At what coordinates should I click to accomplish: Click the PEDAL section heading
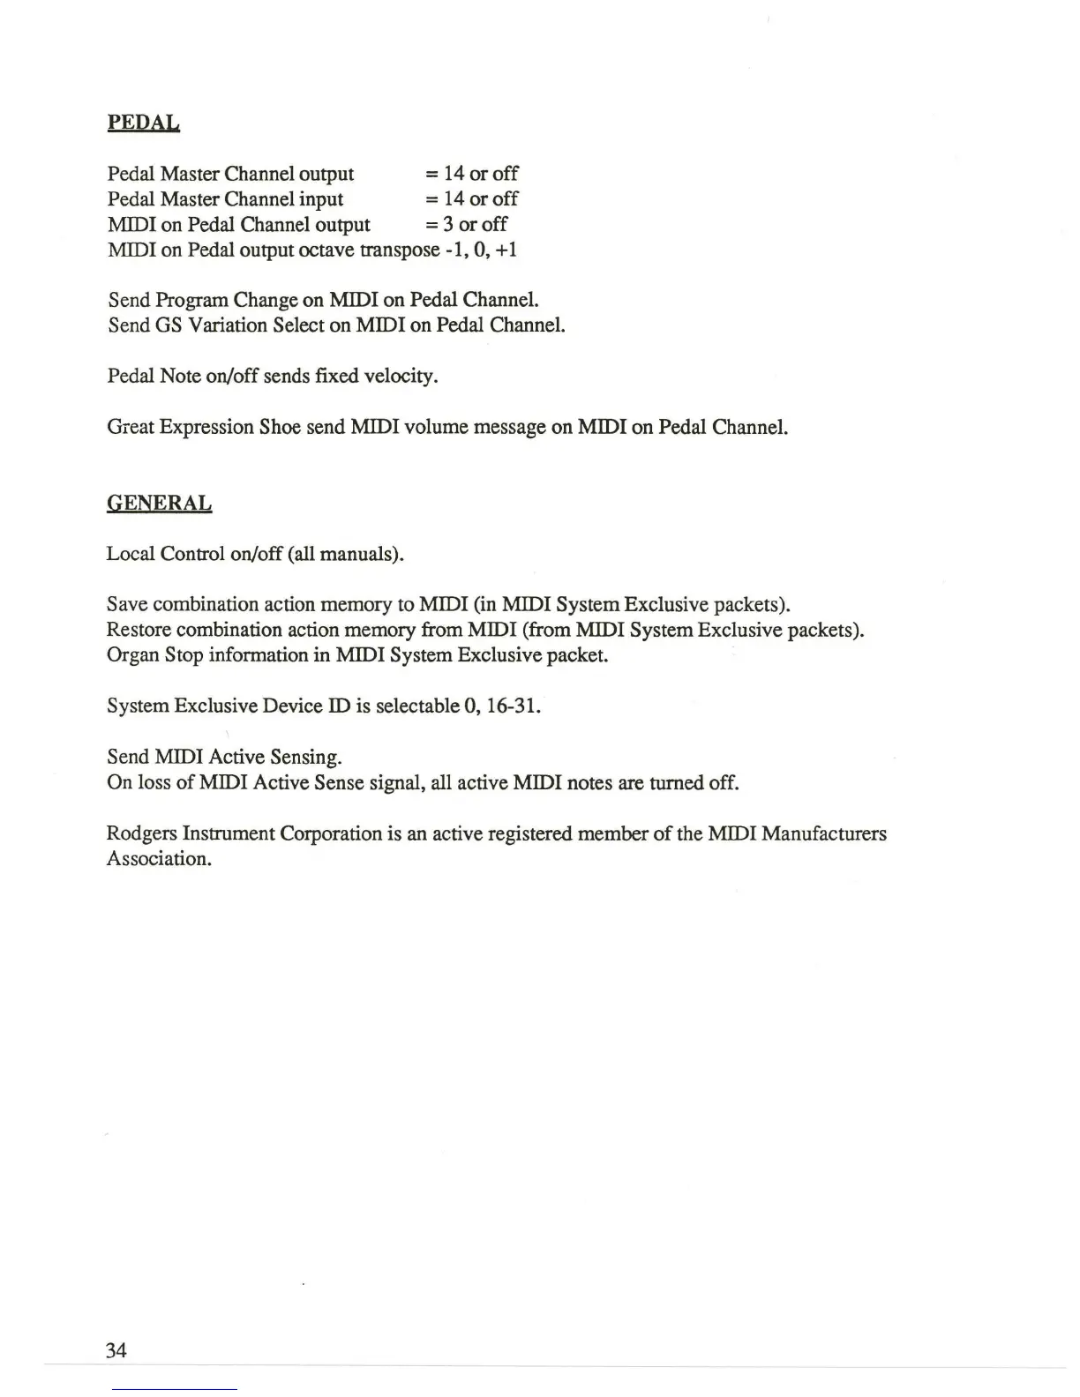(144, 123)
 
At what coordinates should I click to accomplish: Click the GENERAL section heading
(159, 504)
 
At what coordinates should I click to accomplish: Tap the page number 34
(116, 1350)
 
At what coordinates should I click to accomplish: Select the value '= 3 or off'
(466, 224)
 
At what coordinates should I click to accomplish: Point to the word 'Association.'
(159, 859)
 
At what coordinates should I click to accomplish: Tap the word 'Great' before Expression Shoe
(131, 428)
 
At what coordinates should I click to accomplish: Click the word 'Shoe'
(280, 428)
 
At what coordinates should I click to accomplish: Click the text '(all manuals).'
(345, 554)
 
